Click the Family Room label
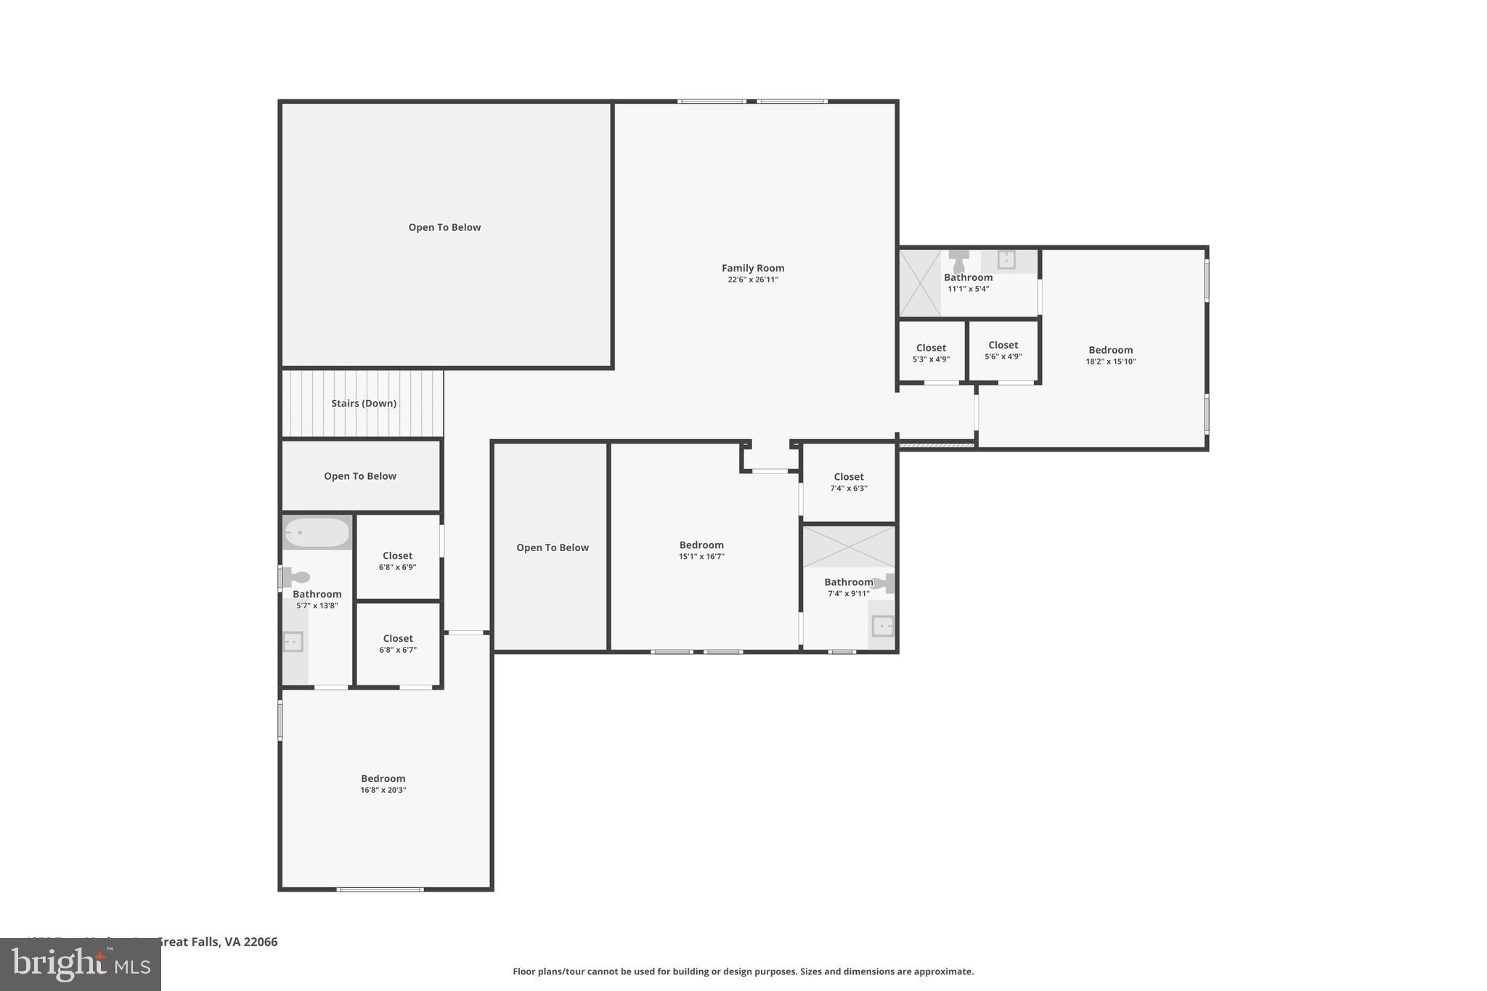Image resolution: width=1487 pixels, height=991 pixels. (752, 268)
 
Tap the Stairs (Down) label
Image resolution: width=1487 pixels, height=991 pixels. (364, 404)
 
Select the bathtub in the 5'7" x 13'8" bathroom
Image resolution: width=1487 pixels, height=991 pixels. (317, 533)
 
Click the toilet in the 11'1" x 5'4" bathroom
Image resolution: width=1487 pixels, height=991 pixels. (958, 260)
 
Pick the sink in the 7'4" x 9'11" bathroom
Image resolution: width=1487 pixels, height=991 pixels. (882, 626)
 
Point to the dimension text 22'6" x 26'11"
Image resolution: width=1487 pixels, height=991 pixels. (752, 280)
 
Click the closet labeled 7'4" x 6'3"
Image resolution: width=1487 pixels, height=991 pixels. (848, 482)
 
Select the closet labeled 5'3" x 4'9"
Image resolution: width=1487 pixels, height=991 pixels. (931, 353)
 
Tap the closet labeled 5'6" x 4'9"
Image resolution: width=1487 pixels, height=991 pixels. (1003, 351)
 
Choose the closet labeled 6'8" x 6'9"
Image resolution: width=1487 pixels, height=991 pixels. (397, 560)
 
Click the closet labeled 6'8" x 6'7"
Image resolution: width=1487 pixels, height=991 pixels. (397, 644)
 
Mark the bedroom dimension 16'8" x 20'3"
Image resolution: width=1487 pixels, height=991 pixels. (383, 790)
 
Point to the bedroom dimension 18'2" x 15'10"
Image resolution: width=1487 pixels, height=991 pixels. (1110, 362)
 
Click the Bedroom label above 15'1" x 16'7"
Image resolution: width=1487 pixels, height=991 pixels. (701, 545)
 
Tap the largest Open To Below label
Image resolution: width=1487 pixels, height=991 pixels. (444, 227)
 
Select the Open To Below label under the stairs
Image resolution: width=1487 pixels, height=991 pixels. (359, 476)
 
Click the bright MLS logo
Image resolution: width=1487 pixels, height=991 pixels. (81, 965)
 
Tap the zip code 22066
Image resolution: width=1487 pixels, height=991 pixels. (260, 942)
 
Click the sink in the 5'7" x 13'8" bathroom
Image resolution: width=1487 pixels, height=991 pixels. (293, 642)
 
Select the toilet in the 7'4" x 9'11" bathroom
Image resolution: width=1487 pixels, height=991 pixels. (884, 583)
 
